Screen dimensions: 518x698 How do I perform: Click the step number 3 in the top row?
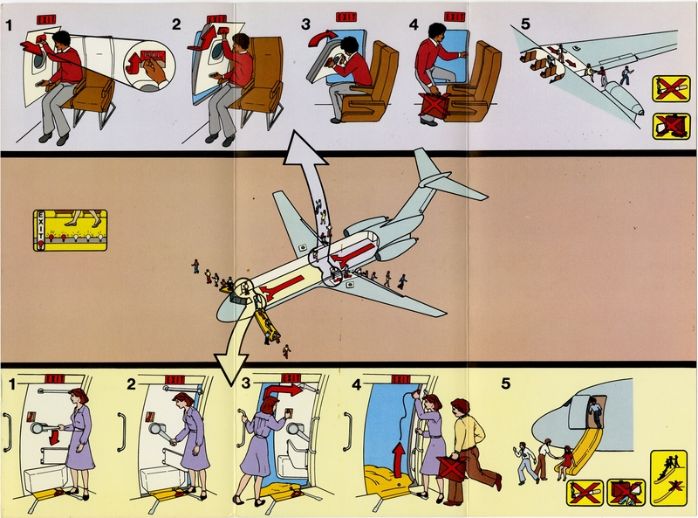(305, 23)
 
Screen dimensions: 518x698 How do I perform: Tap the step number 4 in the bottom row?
(356, 383)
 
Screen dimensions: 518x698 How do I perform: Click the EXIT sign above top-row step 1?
(45, 17)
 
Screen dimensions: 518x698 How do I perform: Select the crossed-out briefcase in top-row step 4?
(433, 103)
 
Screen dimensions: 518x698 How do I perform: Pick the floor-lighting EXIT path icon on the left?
(70, 231)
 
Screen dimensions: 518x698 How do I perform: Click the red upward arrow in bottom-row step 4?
(395, 455)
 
